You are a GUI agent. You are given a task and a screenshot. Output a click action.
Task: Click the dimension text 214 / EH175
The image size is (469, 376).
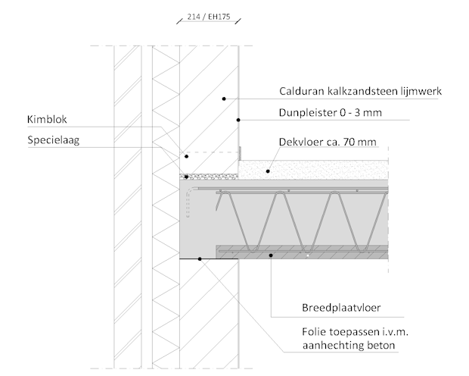[x=209, y=17]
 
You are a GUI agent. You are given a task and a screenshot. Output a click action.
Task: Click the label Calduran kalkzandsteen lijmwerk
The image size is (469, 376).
[x=360, y=91]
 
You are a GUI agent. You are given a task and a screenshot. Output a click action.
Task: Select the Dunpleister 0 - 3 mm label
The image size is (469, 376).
[x=331, y=113]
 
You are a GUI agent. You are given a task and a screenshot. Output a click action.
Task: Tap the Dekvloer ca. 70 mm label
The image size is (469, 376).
[x=328, y=142]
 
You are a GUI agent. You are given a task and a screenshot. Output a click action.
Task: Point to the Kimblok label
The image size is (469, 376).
[x=47, y=119]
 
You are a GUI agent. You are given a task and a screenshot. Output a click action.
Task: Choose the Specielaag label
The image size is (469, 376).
[x=54, y=140]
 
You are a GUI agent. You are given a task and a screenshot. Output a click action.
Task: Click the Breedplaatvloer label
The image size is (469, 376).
[x=341, y=308]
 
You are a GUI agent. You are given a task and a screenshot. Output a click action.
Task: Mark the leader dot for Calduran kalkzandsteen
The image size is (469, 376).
[x=224, y=99]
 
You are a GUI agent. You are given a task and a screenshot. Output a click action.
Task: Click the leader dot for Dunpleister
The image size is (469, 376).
[x=238, y=120]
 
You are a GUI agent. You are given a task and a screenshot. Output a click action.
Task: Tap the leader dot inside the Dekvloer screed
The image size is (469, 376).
[x=268, y=171]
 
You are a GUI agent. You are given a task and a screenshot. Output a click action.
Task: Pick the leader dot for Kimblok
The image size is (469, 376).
[x=186, y=156]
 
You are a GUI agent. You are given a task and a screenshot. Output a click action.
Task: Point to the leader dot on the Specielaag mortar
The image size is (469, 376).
[x=186, y=177]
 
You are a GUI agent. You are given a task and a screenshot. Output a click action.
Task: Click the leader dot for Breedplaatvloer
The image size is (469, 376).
[x=271, y=255]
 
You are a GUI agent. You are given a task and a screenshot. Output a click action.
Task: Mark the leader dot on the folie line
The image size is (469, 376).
[x=200, y=258]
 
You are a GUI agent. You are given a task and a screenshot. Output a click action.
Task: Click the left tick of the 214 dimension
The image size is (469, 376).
[x=179, y=21]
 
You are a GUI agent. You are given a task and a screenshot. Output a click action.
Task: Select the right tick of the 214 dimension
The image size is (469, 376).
[x=238, y=21]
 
